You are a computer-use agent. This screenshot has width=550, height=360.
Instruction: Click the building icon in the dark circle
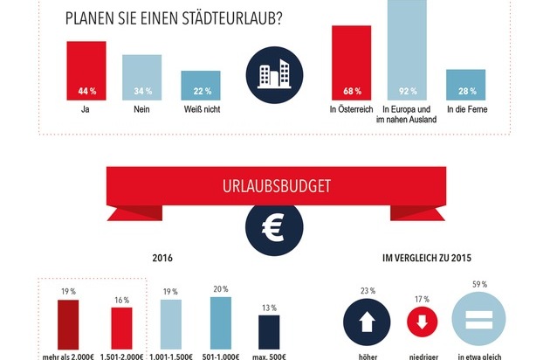(273, 73)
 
